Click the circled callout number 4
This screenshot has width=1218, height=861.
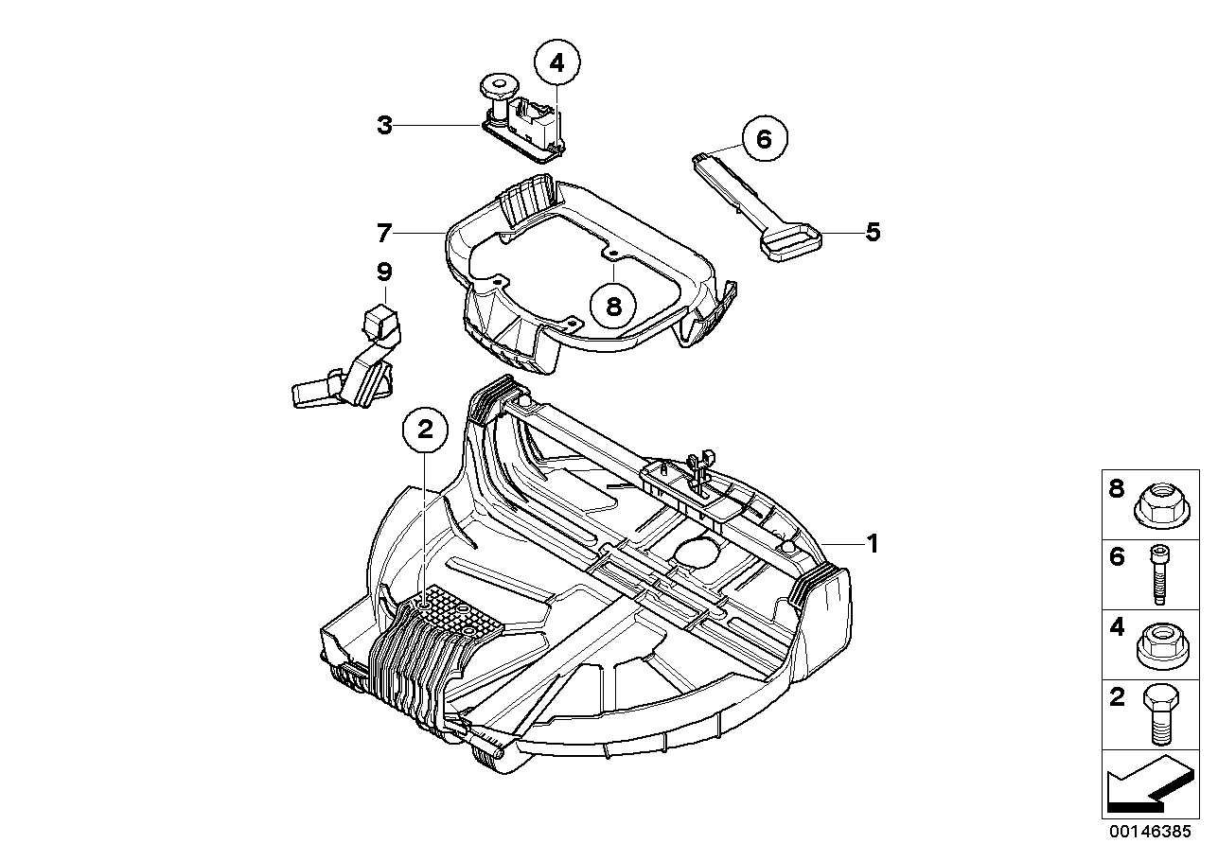[556, 63]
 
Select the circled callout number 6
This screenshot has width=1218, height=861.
[764, 139]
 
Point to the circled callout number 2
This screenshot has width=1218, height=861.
[425, 430]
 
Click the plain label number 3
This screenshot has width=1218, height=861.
[384, 125]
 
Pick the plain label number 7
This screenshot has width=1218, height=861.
[383, 232]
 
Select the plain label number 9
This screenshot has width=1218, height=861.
[383, 272]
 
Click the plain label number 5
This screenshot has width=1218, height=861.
[873, 231]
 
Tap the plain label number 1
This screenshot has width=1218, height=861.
[873, 543]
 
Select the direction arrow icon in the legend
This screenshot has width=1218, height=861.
[1146, 784]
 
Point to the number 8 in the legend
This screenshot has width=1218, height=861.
[1117, 489]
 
